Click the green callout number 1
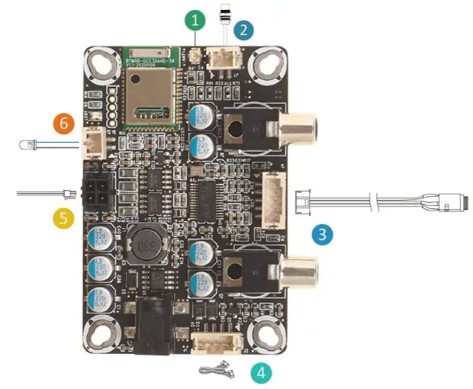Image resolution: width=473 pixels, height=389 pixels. pos(196,21)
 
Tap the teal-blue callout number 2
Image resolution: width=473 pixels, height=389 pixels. pos(243,31)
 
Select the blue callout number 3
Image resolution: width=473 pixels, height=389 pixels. pos(323,233)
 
